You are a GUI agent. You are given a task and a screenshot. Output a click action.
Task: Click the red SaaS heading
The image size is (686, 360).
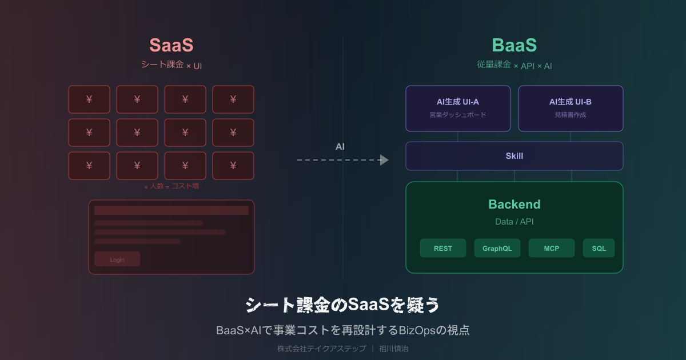[x=171, y=46]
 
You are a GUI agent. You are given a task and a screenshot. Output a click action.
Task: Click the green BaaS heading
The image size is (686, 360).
[x=514, y=46]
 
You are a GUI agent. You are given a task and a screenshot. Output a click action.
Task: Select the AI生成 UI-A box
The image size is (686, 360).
[x=458, y=109]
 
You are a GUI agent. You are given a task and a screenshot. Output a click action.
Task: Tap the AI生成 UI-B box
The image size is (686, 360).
[x=571, y=109]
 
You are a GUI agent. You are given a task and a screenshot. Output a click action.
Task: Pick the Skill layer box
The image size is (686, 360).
[x=514, y=156]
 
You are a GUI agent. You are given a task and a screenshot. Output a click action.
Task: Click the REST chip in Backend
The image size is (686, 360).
[x=443, y=248]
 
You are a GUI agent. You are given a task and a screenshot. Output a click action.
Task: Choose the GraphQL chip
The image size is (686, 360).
[x=497, y=248]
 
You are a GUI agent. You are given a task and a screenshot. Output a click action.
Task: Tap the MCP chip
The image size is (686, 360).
[x=552, y=248]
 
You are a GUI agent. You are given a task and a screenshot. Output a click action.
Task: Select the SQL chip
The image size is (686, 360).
[x=599, y=248]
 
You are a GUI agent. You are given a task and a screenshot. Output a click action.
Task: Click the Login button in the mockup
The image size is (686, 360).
[x=117, y=259]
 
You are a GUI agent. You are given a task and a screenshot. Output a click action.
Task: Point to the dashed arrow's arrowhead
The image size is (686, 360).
[x=384, y=160]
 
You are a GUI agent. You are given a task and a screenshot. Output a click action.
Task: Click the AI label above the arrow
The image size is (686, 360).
[x=340, y=147]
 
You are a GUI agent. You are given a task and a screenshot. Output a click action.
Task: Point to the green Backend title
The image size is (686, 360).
[x=514, y=205]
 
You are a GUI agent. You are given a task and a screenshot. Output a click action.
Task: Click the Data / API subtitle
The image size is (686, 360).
[x=514, y=221]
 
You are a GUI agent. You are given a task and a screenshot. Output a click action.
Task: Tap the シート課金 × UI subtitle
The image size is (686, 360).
[x=171, y=65]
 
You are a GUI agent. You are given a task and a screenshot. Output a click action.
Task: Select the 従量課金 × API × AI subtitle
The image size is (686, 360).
[x=514, y=65]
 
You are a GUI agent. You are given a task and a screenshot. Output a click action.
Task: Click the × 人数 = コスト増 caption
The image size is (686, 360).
[x=171, y=186]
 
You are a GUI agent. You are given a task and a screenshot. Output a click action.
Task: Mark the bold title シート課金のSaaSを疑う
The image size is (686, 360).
[x=342, y=305]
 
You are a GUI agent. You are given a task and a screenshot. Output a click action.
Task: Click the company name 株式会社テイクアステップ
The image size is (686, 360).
[x=321, y=348]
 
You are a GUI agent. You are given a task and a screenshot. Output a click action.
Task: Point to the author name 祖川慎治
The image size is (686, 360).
[x=394, y=348]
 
